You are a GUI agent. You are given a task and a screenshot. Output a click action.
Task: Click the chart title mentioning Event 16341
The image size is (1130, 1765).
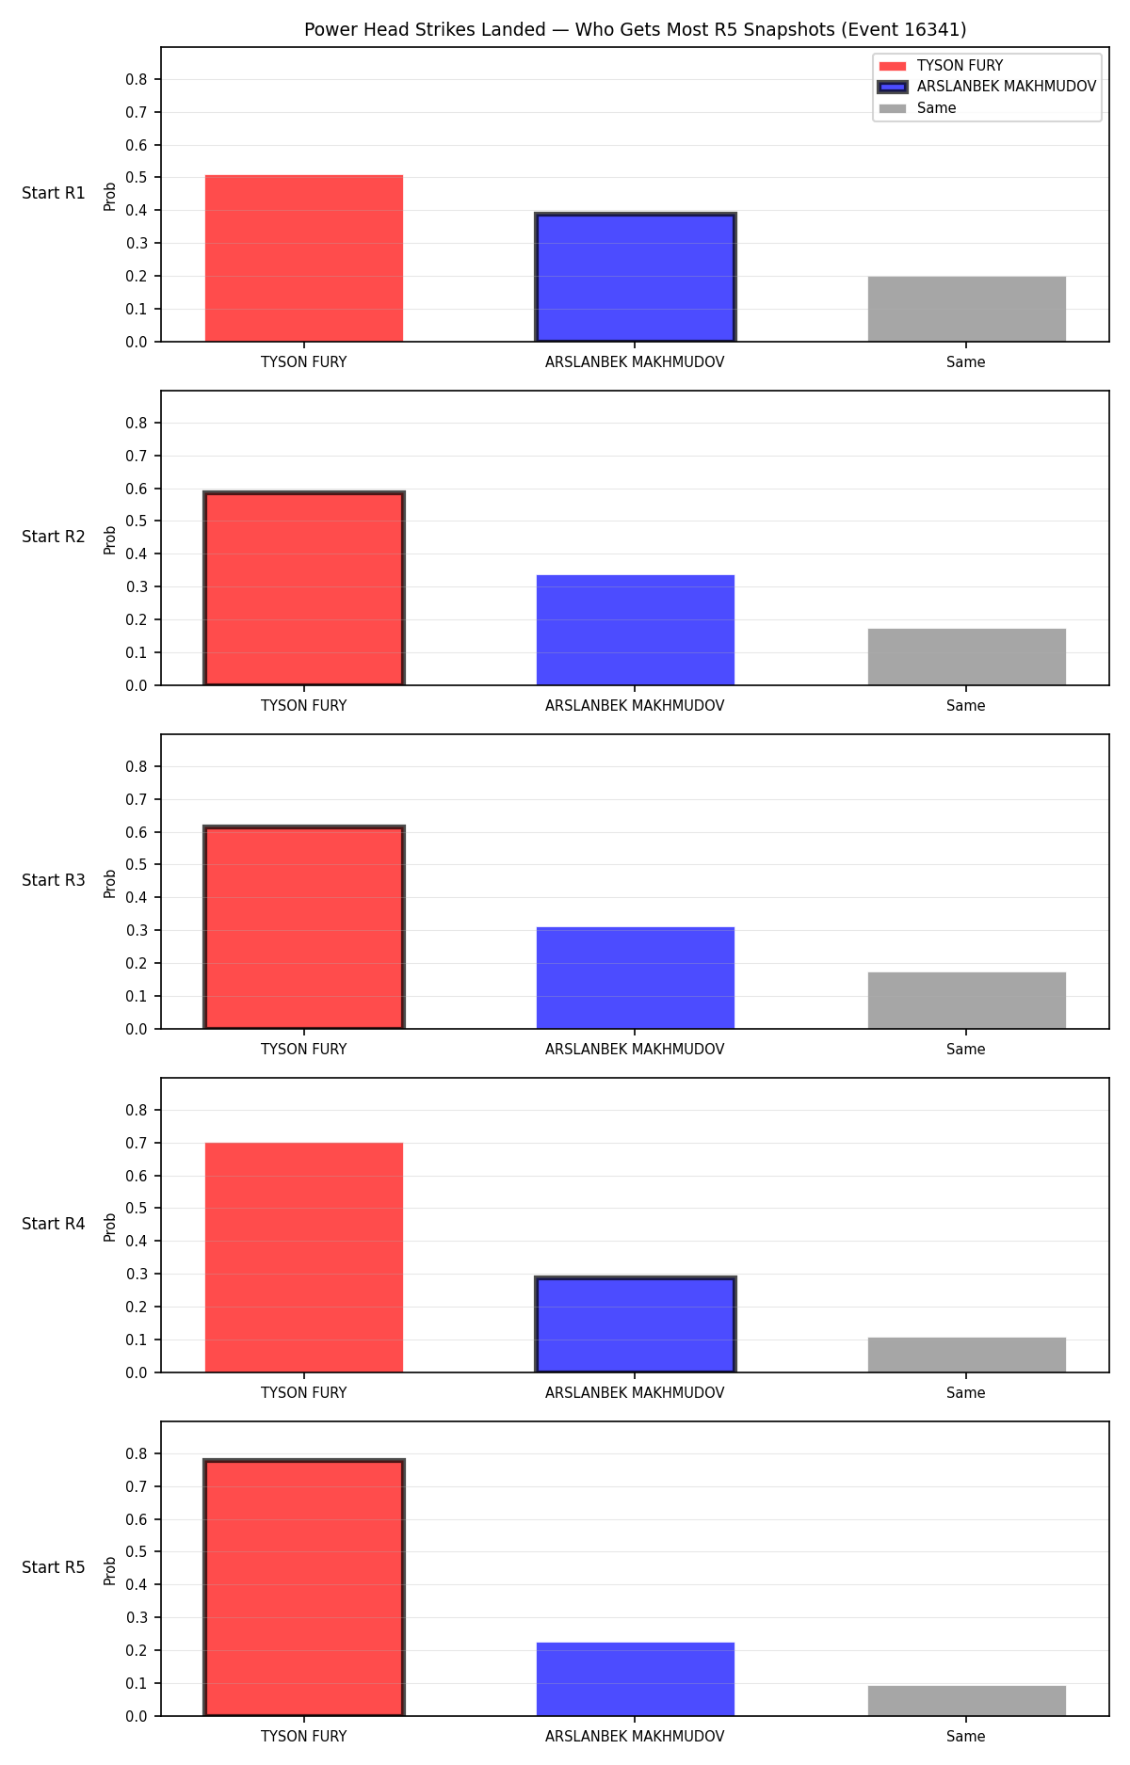(x=635, y=30)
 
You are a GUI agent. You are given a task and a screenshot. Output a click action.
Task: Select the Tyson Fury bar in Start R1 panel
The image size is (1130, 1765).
(x=304, y=258)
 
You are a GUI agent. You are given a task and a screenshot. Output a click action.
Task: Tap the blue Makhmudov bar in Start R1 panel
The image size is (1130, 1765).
(x=635, y=278)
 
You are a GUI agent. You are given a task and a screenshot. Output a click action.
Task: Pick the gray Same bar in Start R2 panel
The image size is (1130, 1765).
(x=966, y=657)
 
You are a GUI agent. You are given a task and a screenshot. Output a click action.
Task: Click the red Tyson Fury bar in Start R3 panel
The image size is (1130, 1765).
(x=304, y=927)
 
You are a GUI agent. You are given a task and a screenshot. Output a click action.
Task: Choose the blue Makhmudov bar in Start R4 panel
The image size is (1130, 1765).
(x=635, y=1324)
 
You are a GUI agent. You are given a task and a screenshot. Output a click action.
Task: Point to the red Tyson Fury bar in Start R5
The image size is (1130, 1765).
(x=304, y=1587)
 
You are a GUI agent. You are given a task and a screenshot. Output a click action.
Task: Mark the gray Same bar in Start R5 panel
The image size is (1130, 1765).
(x=966, y=1701)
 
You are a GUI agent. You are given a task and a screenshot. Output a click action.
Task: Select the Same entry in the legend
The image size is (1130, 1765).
(x=917, y=108)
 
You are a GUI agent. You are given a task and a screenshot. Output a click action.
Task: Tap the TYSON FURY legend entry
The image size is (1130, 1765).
(x=941, y=66)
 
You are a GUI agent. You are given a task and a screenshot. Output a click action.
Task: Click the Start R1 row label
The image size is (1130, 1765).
(x=54, y=193)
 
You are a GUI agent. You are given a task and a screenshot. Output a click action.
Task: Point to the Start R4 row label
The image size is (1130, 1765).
(x=54, y=1224)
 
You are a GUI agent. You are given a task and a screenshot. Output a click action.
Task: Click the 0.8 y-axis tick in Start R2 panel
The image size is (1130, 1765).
(x=137, y=424)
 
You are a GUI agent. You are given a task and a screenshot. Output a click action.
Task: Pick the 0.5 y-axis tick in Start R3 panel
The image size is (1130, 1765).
(x=137, y=865)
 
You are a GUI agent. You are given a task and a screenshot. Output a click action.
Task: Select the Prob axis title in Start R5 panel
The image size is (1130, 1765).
(x=110, y=1570)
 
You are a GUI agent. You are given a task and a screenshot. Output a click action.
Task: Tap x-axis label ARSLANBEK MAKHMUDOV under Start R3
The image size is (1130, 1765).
(x=635, y=1050)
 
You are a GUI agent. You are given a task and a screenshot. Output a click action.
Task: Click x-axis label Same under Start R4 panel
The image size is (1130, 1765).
(x=966, y=1393)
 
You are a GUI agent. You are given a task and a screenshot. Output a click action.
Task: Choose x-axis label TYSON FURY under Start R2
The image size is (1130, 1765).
(x=304, y=706)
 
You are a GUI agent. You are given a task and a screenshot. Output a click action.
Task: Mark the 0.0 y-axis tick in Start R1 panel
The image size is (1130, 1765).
(x=137, y=342)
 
